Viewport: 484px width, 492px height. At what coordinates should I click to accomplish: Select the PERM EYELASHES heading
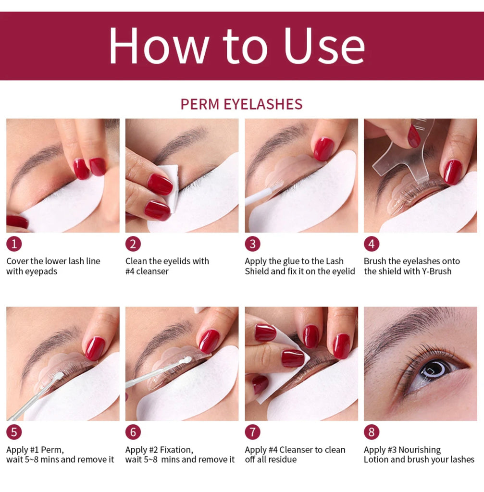click(241, 104)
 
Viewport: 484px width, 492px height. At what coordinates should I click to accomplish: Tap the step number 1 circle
click(14, 244)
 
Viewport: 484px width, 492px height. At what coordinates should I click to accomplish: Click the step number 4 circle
click(372, 244)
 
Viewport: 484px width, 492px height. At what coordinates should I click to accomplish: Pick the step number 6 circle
click(133, 432)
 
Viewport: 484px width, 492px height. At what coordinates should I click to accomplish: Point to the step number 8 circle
click(372, 432)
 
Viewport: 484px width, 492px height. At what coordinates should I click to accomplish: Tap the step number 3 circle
click(252, 244)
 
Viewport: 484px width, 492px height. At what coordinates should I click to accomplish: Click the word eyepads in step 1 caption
click(42, 271)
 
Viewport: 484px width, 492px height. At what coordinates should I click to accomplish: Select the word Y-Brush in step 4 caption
click(435, 271)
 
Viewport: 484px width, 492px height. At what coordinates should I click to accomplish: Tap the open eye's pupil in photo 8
click(434, 369)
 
